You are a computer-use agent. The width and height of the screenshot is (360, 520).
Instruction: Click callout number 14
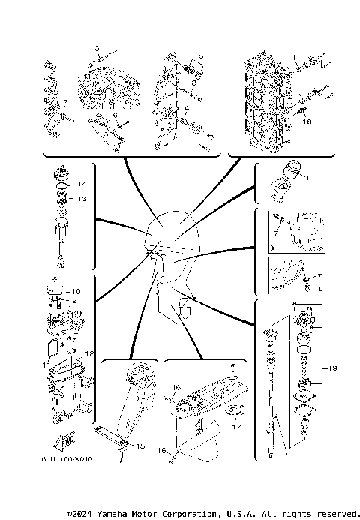click(x=83, y=184)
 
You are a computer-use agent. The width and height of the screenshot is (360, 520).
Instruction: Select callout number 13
click(x=83, y=199)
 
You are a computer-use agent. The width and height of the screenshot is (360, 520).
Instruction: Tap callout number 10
click(x=75, y=291)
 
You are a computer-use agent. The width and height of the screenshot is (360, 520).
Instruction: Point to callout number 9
click(x=73, y=301)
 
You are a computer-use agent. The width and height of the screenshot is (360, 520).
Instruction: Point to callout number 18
click(x=305, y=119)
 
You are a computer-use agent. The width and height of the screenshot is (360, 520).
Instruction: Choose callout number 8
click(x=308, y=178)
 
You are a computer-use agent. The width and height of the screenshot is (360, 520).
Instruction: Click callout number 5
click(x=200, y=56)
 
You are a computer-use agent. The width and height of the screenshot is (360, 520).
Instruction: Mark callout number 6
click(x=115, y=116)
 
